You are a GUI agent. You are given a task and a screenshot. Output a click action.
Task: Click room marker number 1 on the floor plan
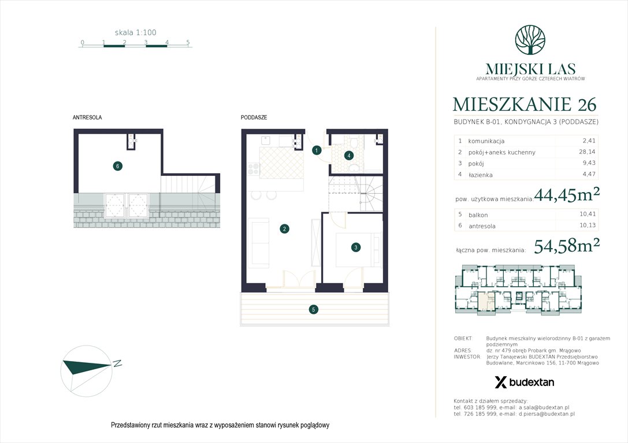[317, 151]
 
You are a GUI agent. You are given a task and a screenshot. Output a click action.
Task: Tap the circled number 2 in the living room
[284, 229]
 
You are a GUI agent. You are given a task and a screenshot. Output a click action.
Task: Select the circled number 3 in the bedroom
[356, 247]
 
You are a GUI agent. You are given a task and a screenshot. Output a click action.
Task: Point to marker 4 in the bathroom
[349, 155]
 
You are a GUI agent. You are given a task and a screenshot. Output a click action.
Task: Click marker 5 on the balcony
[313, 310]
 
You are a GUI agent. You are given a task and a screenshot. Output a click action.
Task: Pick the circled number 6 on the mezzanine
[117, 166]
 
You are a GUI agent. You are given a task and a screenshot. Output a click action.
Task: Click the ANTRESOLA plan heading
[87, 117]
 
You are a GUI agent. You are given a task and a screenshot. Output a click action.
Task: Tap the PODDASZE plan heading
[254, 117]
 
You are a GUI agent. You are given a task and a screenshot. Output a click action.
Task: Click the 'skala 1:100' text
[135, 33]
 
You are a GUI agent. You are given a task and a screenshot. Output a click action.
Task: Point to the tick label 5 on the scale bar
[188, 43]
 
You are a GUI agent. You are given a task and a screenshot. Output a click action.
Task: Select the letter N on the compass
[117, 363]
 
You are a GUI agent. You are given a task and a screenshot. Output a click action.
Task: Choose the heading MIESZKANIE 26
[525, 104]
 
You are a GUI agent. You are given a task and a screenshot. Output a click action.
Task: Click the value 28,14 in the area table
[589, 152]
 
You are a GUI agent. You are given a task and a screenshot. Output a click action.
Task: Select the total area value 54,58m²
[566, 247]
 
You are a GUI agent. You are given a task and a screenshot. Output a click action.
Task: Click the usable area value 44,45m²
[566, 195]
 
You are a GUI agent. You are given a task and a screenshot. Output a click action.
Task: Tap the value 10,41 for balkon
[589, 215]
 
